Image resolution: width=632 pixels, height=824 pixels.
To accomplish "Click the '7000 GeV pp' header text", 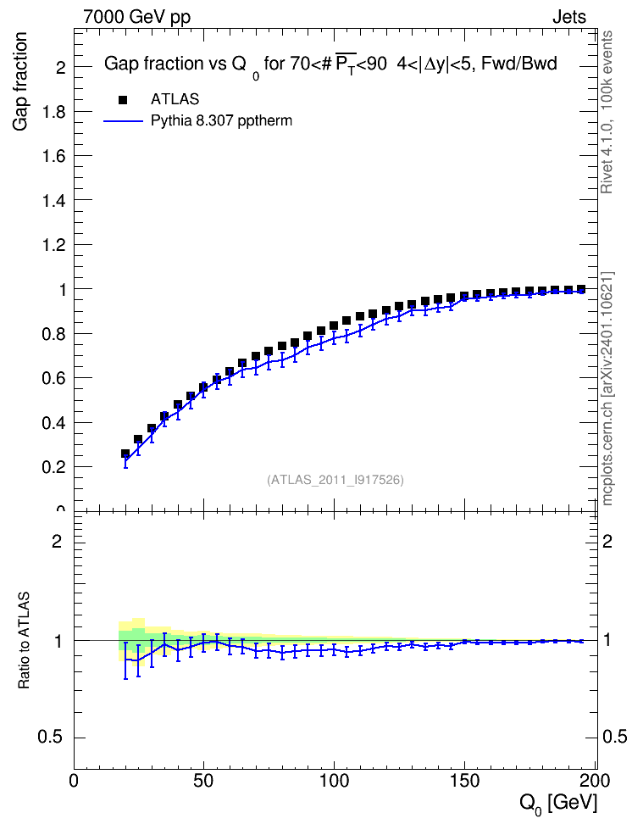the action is pyautogui.click(x=136, y=17).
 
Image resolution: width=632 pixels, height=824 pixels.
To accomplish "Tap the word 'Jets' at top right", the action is pyautogui.click(x=569, y=17).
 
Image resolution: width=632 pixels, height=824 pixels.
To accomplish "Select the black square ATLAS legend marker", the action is pyautogui.click(x=123, y=99).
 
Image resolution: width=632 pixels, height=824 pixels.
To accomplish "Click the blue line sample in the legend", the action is pyautogui.click(x=123, y=121).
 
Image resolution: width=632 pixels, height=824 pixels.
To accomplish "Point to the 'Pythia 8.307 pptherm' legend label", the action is pyautogui.click(x=221, y=121).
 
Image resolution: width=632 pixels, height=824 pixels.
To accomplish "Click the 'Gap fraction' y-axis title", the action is pyautogui.click(x=20, y=81).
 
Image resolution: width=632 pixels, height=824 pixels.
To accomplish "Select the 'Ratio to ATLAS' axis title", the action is pyautogui.click(x=24, y=640).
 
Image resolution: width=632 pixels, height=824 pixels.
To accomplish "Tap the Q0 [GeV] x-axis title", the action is pyautogui.click(x=558, y=804).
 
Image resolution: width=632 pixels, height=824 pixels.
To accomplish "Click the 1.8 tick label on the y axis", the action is pyautogui.click(x=53, y=112).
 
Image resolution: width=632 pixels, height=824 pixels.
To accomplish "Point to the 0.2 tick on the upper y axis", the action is pyautogui.click(x=53, y=467).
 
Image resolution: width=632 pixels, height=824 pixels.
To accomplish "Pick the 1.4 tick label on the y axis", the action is pyautogui.click(x=53, y=201).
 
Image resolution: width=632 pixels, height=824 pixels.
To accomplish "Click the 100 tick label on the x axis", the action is pyautogui.click(x=335, y=781).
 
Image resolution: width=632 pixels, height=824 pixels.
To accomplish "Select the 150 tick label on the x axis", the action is pyautogui.click(x=465, y=781).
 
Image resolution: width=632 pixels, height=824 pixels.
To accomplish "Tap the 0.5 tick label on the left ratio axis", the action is pyautogui.click(x=50, y=738).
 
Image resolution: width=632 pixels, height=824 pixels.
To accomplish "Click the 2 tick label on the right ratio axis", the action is pyautogui.click(x=607, y=541).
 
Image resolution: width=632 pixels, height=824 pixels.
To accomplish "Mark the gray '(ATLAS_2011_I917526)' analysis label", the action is pyautogui.click(x=335, y=480).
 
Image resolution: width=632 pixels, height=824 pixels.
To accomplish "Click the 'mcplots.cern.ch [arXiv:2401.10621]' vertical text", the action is pyautogui.click(x=607, y=389).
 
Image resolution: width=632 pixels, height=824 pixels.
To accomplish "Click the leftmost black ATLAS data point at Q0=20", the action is pyautogui.click(x=125, y=454).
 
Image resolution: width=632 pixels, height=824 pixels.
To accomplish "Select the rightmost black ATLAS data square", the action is pyautogui.click(x=581, y=289).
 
